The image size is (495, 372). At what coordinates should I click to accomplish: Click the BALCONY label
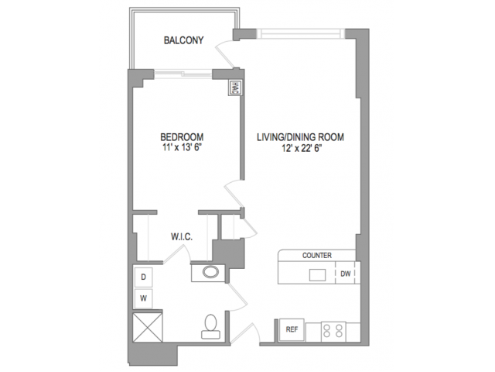pyautogui.click(x=183, y=40)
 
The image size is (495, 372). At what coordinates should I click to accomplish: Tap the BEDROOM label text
pyautogui.click(x=182, y=137)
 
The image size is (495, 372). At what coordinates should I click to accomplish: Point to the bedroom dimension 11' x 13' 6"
pyautogui.click(x=182, y=147)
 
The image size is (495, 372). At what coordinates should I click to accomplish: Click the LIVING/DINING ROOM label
pyautogui.click(x=300, y=137)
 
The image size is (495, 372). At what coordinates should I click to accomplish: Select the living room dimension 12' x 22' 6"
pyautogui.click(x=302, y=148)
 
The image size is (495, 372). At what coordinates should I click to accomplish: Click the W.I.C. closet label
pyautogui.click(x=182, y=236)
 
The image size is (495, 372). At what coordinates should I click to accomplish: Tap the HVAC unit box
pyautogui.click(x=234, y=88)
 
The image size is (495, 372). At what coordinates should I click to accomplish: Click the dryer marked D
pyautogui.click(x=143, y=277)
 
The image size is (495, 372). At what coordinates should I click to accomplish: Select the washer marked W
pyautogui.click(x=143, y=298)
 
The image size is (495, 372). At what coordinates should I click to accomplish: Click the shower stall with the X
pyautogui.click(x=148, y=327)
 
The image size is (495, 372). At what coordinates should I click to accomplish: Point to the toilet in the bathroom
pyautogui.click(x=210, y=326)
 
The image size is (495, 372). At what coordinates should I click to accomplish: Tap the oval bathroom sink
pyautogui.click(x=210, y=272)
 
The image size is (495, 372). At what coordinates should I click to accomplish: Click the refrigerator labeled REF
pyautogui.click(x=292, y=329)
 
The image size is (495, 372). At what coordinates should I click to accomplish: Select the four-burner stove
pyautogui.click(x=333, y=332)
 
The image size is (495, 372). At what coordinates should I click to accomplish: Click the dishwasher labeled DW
pyautogui.click(x=346, y=274)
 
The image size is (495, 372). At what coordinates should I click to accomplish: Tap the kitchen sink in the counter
pyautogui.click(x=318, y=275)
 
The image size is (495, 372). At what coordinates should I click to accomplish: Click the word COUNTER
pyautogui.click(x=317, y=255)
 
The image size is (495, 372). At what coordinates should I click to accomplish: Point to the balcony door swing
pyautogui.click(x=226, y=54)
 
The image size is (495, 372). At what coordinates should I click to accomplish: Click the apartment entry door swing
pyautogui.click(x=245, y=333)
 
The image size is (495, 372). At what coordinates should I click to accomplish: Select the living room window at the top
pyautogui.click(x=301, y=33)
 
